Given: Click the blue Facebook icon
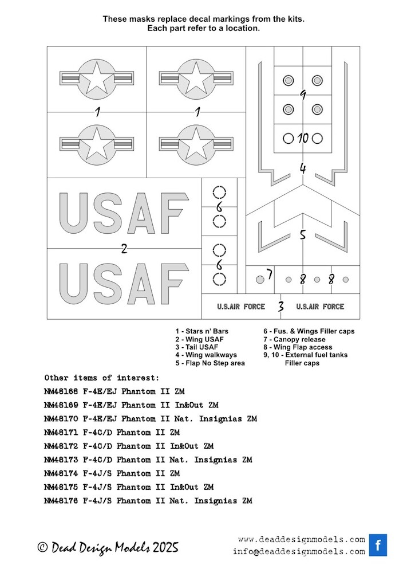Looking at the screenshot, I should tap(378, 545).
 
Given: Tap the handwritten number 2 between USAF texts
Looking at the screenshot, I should tap(124, 249).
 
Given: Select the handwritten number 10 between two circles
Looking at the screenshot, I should tap(303, 138).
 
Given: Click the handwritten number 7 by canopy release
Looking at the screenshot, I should tap(268, 274).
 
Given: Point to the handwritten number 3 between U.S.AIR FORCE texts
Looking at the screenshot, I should tap(280, 307).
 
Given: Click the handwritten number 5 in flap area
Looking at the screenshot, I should tap(303, 234).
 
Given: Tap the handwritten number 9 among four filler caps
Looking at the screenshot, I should tap(303, 95).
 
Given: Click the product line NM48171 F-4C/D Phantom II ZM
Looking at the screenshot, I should tap(112, 433).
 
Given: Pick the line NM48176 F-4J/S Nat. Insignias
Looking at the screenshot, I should tap(148, 501).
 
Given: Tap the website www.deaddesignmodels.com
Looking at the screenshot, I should tap(301, 539).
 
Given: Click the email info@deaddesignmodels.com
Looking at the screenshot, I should tap(298, 551).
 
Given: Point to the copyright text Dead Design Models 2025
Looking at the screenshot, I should tap(108, 547).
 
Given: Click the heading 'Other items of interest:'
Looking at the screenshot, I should tap(102, 378).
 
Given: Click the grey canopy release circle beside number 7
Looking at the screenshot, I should tap(260, 280).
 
